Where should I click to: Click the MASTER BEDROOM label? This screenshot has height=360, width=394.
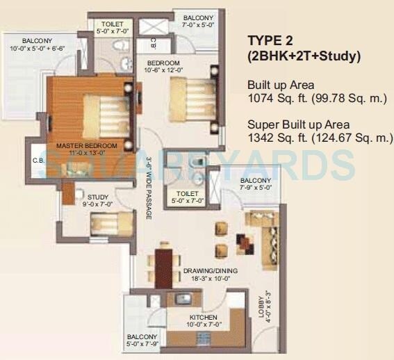point(86,146)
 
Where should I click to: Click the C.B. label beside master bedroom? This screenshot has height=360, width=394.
point(38,161)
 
